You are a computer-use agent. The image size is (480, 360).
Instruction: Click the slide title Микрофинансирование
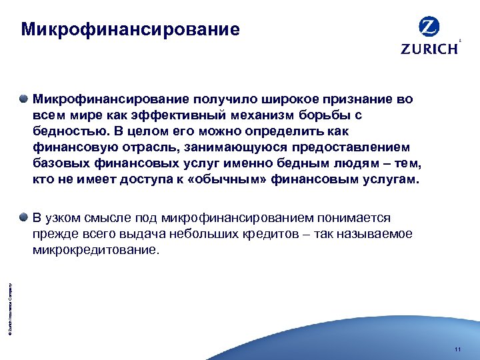point(130,30)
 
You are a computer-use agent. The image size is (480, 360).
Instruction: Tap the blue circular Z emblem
point(429,27)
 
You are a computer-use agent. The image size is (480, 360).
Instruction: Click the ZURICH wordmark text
point(429,49)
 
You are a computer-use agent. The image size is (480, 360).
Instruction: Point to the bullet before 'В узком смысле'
point(24,217)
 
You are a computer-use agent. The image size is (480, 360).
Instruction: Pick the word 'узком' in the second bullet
point(63,218)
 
